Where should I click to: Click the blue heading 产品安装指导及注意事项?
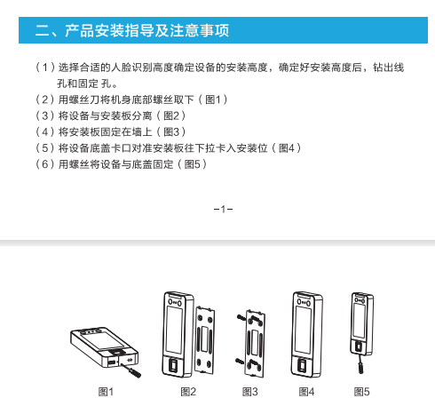tap(146, 30)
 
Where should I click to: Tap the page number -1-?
tap(223, 210)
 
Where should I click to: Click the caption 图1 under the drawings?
tap(106, 392)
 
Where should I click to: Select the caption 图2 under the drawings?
tap(188, 392)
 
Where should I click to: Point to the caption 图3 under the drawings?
tap(250, 392)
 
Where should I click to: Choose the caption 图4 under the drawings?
tap(306, 392)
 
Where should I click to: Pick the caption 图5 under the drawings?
tap(361, 392)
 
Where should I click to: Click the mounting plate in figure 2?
tap(204, 340)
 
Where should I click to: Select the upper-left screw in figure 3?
tap(241, 318)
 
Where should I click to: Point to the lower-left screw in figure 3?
tap(240, 361)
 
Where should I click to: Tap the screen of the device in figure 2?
tap(174, 330)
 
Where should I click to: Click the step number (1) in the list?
tap(45, 68)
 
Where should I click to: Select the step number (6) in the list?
tap(45, 164)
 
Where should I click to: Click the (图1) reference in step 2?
tap(213, 99)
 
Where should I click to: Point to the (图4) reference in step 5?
tap(287, 147)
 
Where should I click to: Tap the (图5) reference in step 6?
tap(192, 164)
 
